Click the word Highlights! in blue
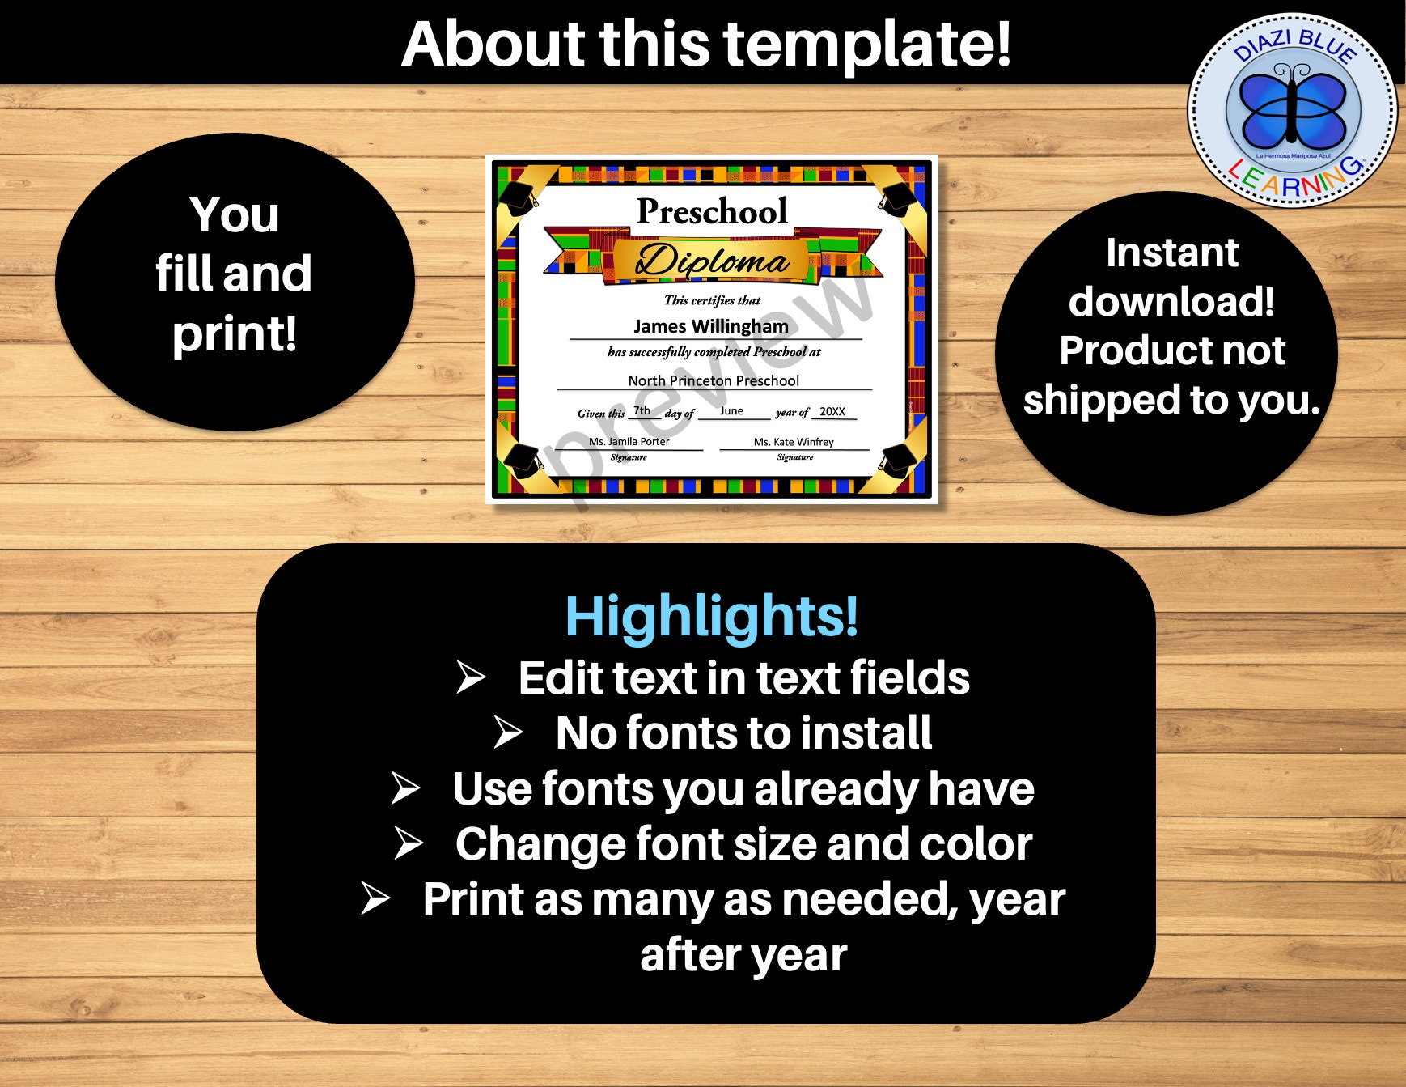coord(711,616)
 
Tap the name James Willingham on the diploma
coord(710,326)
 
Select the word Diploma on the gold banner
coord(712,261)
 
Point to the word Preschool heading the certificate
coord(712,211)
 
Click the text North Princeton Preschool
coord(714,380)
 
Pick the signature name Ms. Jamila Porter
coord(629,441)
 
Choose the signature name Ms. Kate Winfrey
coord(793,442)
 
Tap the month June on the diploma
coord(731,411)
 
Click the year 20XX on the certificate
coord(832,411)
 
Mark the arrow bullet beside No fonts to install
coord(509,732)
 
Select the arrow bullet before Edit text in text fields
coord(471,677)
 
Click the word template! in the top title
coord(866,44)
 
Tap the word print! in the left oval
coord(235,333)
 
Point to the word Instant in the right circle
coord(1171,253)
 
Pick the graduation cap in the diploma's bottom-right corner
coord(898,461)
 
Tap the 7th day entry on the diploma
coord(642,410)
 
